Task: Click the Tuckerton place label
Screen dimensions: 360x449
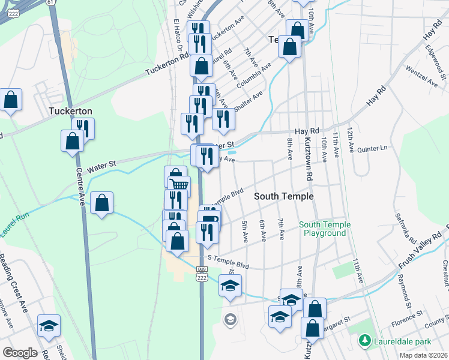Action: [70, 111]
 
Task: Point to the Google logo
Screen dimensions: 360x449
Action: [20, 353]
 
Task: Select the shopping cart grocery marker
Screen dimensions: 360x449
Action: [179, 184]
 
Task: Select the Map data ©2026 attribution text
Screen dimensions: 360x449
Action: [423, 355]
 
